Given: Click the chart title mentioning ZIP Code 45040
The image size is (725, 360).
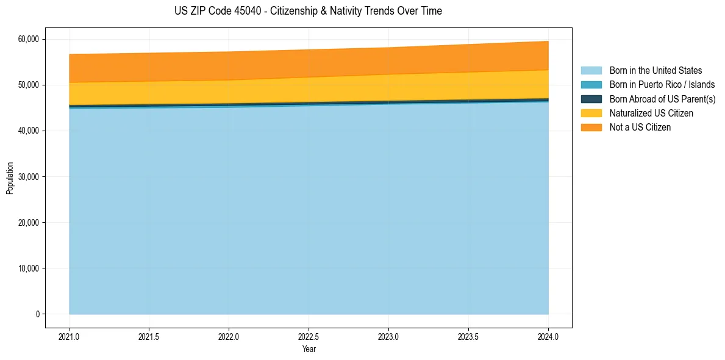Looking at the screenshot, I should pos(308,11).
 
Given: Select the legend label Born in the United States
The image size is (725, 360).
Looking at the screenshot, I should pos(655,71).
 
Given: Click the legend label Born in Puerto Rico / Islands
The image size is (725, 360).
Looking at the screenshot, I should pos(662,85).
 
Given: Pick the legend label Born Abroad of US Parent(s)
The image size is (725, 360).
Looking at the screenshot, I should pos(662,99).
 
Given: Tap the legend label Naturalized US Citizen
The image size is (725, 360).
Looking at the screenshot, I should pos(651,113).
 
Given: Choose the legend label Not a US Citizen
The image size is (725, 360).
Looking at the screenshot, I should pos(640,128).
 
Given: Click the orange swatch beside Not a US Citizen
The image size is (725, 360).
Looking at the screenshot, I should pos(591,128).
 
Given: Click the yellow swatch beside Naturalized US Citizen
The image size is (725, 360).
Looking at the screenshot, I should pos(591,113).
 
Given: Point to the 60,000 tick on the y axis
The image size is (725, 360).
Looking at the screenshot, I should pos(27,39).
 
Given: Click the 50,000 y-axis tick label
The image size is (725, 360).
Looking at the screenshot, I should pos(27,85).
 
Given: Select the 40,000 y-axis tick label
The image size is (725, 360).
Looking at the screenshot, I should pos(27,131).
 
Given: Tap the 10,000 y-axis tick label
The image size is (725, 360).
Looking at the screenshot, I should pos(27,268).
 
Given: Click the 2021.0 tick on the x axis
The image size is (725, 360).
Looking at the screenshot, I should pos(69,336).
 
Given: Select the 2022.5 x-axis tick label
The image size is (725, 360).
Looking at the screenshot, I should pos(309,336).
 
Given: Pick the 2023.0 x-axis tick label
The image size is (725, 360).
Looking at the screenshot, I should pos(388,336).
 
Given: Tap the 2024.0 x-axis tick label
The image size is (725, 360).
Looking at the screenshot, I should pos(548,336).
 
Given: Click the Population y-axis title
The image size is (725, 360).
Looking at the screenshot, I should pos(10,178).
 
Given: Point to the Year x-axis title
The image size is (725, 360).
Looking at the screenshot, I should pos(309,350).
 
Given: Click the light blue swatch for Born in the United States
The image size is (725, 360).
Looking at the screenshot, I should pos(591,71).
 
